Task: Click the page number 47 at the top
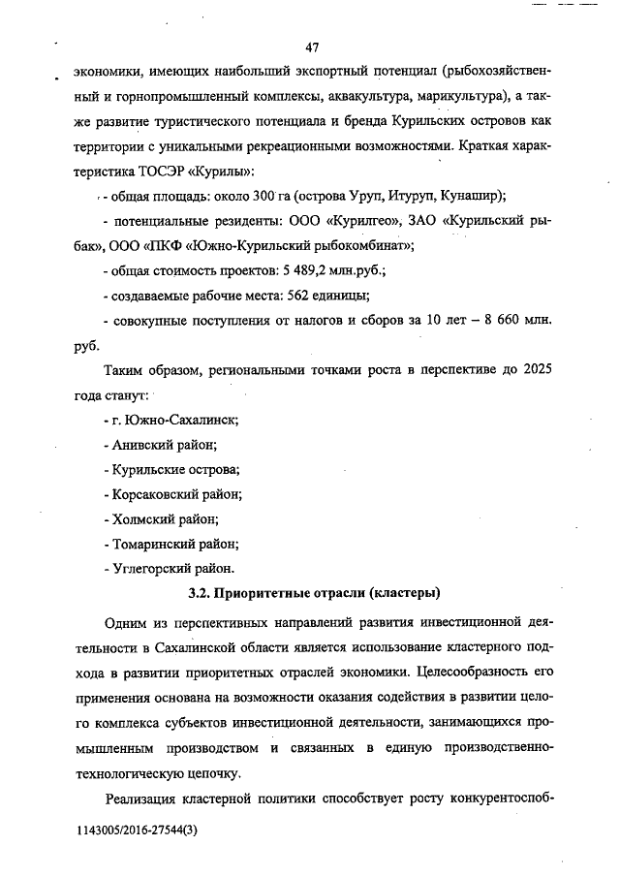click(311, 47)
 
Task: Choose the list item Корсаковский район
click(172, 493)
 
